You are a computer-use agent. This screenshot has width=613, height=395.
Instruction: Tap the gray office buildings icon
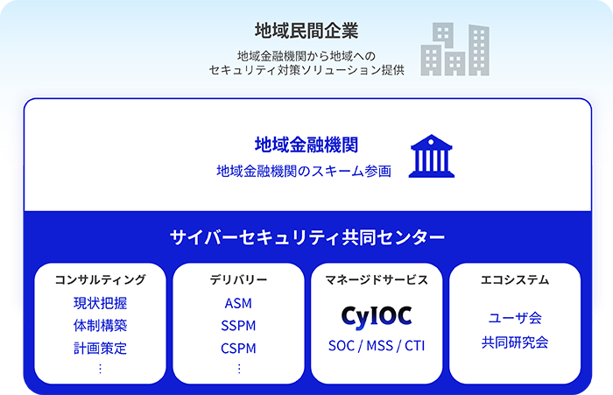(454, 49)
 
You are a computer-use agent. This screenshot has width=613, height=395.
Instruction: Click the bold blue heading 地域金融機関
(306, 145)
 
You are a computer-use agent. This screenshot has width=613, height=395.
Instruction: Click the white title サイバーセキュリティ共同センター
(306, 237)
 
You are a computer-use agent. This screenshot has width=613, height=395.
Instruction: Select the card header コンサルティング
(100, 280)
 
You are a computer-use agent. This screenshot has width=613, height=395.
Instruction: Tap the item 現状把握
(100, 304)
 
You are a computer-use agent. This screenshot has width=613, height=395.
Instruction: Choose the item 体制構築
(100, 326)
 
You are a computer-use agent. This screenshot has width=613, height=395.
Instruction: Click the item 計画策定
(100, 348)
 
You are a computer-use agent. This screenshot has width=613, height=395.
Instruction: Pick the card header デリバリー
(238, 280)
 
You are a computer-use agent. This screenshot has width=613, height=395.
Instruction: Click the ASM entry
(238, 304)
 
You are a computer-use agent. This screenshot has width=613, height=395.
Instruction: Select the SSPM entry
(238, 326)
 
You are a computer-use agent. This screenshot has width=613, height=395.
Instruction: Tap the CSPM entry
(238, 348)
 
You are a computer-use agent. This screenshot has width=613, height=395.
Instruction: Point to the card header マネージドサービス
(376, 280)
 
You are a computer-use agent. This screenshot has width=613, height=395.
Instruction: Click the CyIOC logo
(376, 314)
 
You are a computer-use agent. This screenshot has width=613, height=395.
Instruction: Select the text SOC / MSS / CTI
(376, 344)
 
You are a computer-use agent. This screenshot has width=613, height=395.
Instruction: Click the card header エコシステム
(515, 280)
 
